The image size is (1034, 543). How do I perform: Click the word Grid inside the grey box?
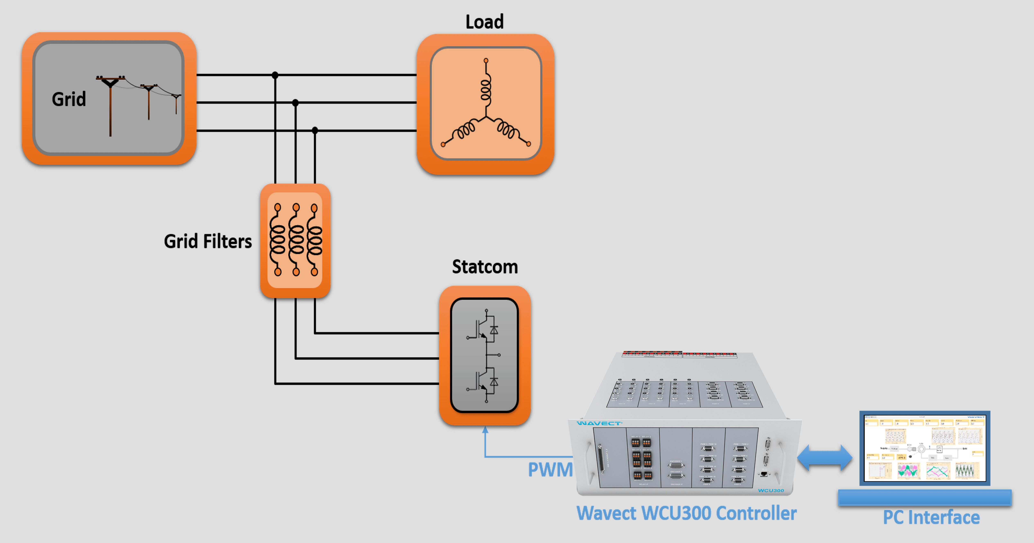[x=69, y=99]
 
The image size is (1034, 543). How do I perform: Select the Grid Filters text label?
[x=208, y=241]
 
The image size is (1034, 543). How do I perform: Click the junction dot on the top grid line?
[x=275, y=75]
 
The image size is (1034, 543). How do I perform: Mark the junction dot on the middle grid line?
[x=295, y=103]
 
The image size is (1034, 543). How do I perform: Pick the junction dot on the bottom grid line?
[x=315, y=130]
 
